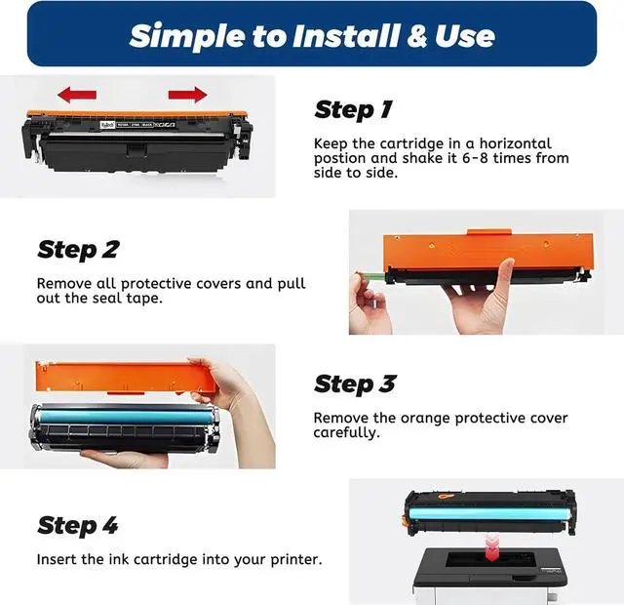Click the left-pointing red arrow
click(x=77, y=95)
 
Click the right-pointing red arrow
click(x=187, y=95)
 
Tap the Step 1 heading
click(x=353, y=110)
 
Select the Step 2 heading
click(x=78, y=250)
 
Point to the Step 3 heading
click(x=355, y=384)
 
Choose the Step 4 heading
click(x=78, y=525)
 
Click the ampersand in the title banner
click(x=416, y=36)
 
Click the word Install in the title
click(x=346, y=36)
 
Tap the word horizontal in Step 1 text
click(x=516, y=143)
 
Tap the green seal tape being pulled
click(x=370, y=275)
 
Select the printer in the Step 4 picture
click(x=489, y=574)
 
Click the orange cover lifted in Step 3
click(x=128, y=377)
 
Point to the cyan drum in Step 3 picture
click(x=125, y=417)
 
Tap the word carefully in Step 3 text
click(x=346, y=433)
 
